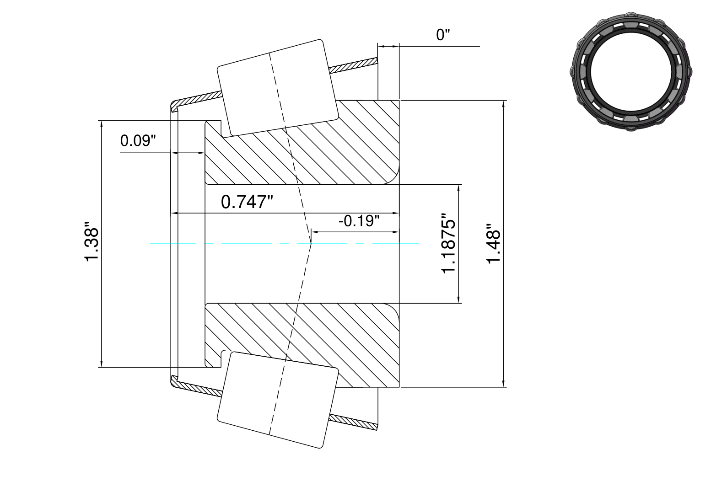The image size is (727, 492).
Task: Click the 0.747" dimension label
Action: tap(247, 202)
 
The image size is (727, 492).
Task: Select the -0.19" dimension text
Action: tap(359, 221)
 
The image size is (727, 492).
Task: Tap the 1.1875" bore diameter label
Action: tap(449, 243)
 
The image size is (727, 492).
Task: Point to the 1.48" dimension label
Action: tap(494, 243)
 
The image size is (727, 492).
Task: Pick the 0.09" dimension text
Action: tap(138, 141)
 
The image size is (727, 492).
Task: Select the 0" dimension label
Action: tap(443, 35)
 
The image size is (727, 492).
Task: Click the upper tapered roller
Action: tap(278, 88)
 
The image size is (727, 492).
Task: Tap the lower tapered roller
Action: tap(278, 400)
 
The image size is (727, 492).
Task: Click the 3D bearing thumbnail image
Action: tap(630, 71)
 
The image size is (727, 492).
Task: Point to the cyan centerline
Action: tap(284, 243)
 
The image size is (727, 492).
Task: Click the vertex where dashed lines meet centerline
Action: tap(311, 243)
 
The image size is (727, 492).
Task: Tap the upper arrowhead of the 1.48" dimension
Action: tap(503, 104)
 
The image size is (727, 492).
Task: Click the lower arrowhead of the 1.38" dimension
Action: tap(102, 364)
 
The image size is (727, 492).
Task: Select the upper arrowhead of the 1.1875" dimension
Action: tap(458, 188)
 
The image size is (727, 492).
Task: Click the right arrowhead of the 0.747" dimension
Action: tap(396, 213)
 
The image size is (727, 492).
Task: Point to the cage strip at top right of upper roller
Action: tap(354, 65)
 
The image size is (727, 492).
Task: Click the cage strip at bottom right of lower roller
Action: tap(354, 422)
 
